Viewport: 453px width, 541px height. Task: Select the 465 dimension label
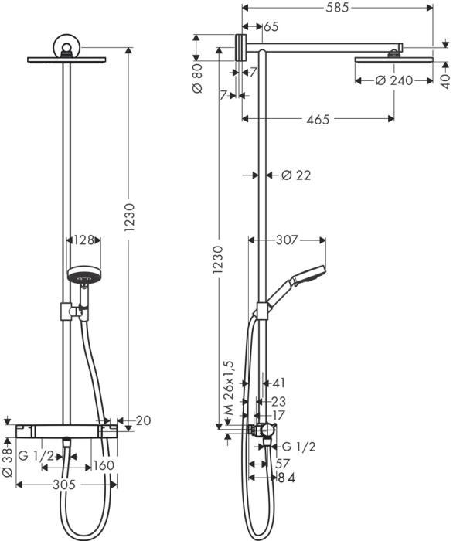(x=317, y=119)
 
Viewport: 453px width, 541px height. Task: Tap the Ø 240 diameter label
(x=393, y=80)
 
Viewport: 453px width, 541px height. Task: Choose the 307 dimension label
(x=287, y=240)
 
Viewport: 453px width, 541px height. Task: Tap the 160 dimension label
(x=104, y=465)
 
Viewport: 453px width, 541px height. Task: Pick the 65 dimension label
(x=271, y=27)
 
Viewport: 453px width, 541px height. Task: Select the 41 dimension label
(x=279, y=383)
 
